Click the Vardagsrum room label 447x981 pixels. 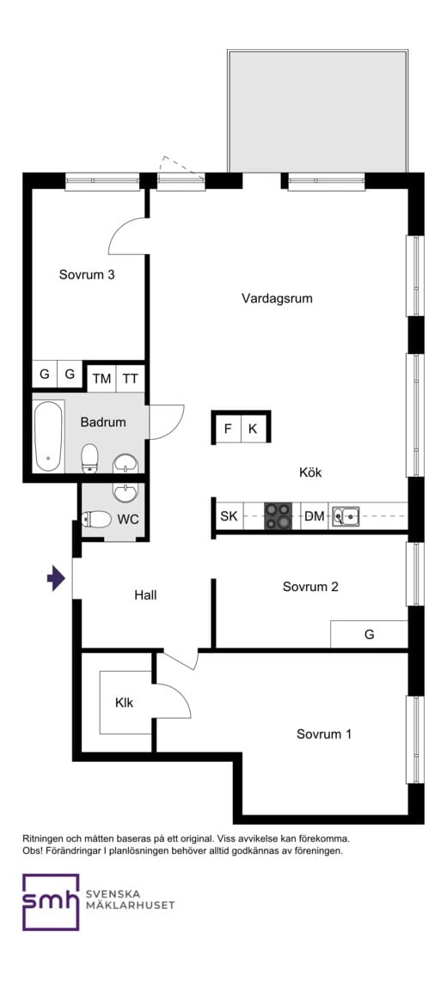(277, 298)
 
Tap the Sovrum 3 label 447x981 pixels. (87, 274)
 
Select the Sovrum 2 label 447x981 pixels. (310, 587)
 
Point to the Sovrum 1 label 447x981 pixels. (324, 734)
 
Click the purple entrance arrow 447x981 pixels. (57, 577)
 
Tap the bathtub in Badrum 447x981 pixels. (49, 436)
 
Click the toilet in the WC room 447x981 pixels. (95, 520)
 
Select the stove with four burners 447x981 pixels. (279, 516)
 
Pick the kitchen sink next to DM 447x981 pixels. (345, 516)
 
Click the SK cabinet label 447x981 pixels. (229, 517)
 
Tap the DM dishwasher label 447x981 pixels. (315, 517)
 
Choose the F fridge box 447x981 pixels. (228, 429)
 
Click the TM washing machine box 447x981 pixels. (101, 379)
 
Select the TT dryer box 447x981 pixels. (130, 379)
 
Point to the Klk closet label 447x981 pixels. (124, 703)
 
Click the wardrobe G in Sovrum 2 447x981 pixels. (370, 635)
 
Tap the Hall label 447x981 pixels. (145, 595)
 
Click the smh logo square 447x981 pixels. (51, 902)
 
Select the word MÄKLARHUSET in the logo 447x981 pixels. (130, 905)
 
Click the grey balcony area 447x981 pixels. (318, 112)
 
